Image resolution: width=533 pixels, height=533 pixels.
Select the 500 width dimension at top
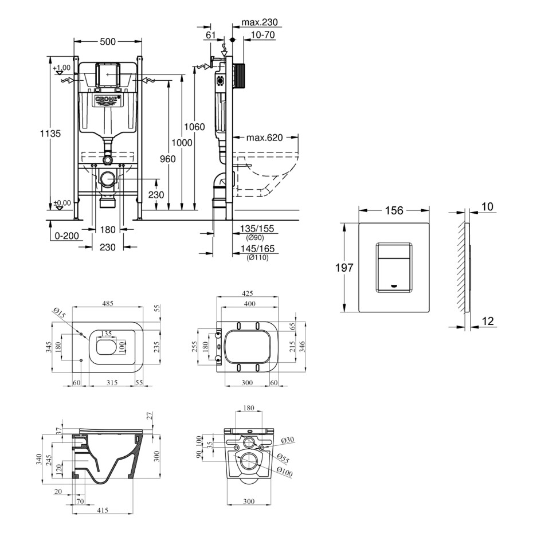coord(108,41)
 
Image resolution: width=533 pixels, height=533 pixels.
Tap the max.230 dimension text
coord(259,23)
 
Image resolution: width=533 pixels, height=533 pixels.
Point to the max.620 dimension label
coord(265,138)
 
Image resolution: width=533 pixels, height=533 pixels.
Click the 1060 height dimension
coord(195,127)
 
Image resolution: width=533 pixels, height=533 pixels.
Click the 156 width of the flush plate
coord(394,211)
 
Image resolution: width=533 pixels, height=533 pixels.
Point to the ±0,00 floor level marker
coord(62,202)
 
